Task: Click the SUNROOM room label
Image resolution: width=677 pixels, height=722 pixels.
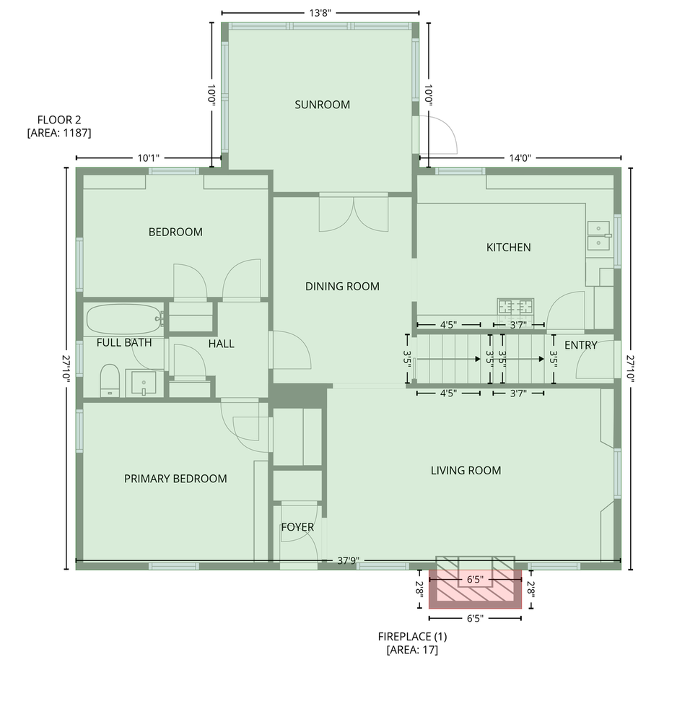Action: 322,105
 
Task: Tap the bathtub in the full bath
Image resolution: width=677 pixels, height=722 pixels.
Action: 124,318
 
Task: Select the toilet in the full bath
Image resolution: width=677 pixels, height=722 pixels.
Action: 110,380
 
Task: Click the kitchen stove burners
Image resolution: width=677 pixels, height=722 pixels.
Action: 515,307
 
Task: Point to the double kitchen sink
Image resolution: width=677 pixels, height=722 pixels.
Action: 599,235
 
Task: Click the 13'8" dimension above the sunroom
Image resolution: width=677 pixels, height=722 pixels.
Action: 320,12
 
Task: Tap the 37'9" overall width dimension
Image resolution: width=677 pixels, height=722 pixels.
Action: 348,560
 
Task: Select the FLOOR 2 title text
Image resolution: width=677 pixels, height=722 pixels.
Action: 59,120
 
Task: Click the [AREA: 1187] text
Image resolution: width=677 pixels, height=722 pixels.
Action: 59,133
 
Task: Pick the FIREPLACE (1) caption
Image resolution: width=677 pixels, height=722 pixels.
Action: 412,636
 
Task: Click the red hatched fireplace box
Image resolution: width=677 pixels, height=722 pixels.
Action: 475,589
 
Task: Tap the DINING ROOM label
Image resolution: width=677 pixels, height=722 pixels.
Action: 342,287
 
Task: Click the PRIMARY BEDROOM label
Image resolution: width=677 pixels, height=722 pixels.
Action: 175,479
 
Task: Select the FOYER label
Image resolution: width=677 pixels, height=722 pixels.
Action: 298,527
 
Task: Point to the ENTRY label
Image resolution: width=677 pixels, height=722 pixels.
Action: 581,345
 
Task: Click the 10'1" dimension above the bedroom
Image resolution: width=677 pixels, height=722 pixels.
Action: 148,158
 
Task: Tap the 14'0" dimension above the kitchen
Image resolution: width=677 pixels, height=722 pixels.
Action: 520,158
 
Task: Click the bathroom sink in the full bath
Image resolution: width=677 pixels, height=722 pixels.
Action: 144,383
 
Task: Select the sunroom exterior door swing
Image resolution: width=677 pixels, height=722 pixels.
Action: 438,134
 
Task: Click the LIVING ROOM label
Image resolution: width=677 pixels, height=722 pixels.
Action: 466,471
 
